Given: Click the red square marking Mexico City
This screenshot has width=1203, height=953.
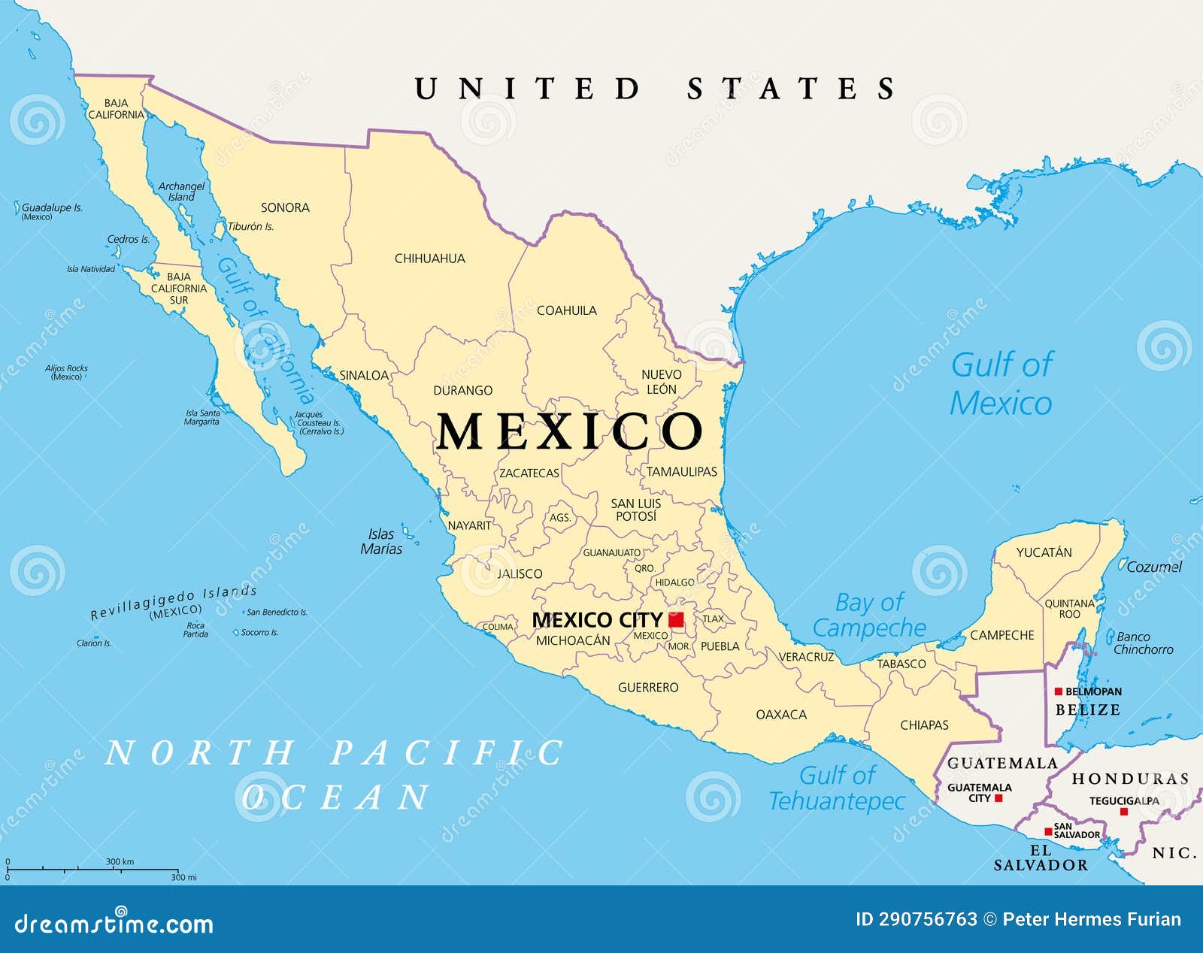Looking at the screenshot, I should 676,620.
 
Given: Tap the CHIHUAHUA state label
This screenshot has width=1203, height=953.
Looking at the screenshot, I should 430,259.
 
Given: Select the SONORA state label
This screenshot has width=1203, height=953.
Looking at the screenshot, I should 285,207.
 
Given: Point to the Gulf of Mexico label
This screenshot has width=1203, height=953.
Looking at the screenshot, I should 1001,383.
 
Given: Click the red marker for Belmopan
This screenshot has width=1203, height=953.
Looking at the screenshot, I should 1058,691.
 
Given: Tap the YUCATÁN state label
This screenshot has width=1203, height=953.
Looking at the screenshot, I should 1044,552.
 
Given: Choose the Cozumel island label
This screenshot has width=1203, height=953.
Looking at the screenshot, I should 1154,567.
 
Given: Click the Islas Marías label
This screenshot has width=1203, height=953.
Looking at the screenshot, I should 381,541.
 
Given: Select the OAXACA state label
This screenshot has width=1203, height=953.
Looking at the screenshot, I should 781,715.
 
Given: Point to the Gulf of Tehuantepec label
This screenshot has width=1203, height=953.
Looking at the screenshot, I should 837,788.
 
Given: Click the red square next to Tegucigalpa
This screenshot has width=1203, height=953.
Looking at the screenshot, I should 1124,812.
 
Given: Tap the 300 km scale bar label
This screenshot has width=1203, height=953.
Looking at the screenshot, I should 120,861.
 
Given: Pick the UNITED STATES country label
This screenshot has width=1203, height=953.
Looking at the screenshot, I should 655,89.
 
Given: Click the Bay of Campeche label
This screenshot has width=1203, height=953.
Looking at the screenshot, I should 869,615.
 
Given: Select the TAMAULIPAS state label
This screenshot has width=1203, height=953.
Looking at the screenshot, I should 682,472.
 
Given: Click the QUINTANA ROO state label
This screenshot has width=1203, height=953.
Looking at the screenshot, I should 1069,609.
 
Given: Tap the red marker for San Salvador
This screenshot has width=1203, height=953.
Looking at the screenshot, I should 1048,831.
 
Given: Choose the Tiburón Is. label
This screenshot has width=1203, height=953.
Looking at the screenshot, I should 251,226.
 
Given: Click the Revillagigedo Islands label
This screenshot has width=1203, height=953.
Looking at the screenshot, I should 174,602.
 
